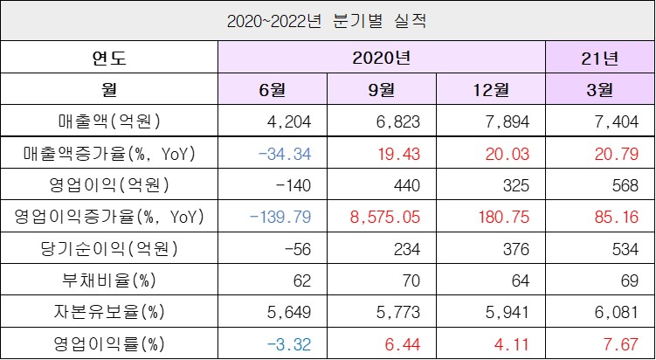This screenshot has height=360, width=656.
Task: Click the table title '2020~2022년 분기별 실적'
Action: click(327, 20)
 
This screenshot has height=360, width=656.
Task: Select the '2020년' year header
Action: click(381, 59)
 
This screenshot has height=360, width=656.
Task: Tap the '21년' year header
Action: click(599, 59)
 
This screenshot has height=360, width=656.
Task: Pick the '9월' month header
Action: click(381, 90)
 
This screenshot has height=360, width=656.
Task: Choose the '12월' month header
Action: click(490, 90)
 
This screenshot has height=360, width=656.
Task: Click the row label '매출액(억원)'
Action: click(108, 121)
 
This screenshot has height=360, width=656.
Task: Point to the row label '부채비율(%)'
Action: click(108, 280)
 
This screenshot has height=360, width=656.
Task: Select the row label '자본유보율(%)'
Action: click(108, 310)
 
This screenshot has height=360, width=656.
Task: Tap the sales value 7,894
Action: click(508, 121)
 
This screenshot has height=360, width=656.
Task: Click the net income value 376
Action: click(516, 248)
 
